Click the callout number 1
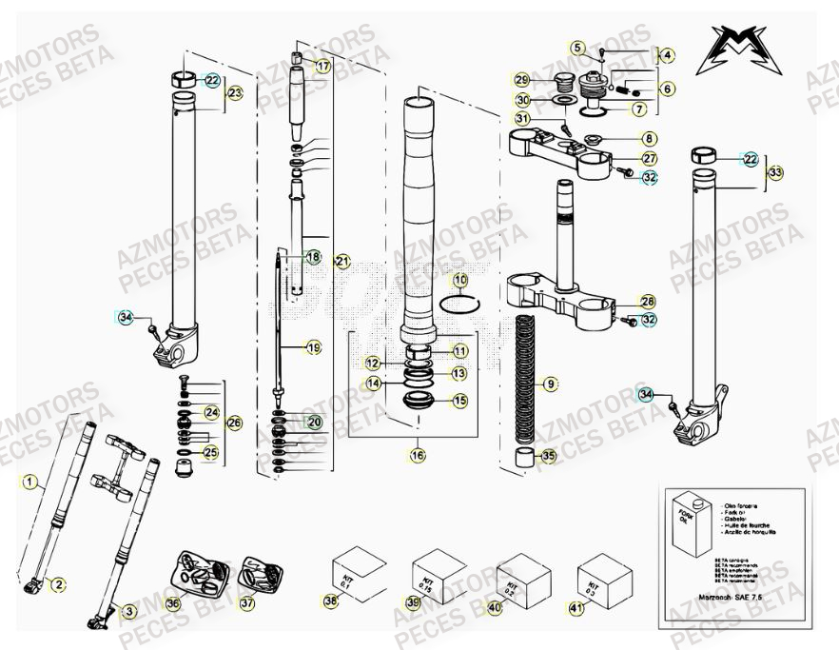tap(29, 482)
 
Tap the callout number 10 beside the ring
tap(460, 281)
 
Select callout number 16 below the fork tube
tap(417, 456)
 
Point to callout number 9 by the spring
tap(548, 384)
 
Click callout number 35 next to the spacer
tap(547, 456)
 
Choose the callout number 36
tap(172, 602)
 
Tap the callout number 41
tap(576, 606)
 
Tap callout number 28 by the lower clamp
tap(648, 301)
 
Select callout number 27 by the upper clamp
tap(649, 158)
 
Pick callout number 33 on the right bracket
tap(776, 172)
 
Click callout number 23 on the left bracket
tap(235, 93)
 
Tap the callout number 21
tap(343, 261)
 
